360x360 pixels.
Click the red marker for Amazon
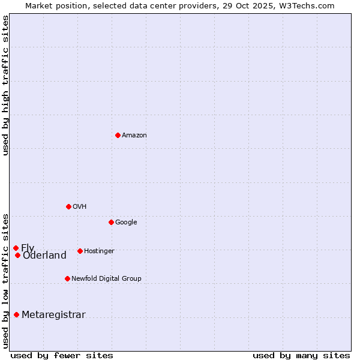pyautogui.click(x=118, y=135)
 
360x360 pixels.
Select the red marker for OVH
pyautogui.click(x=68, y=206)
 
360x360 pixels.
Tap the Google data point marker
pyautogui.click(x=111, y=222)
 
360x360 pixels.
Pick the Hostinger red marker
pyautogui.click(x=80, y=251)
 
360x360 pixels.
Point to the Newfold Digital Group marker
pyautogui.click(x=67, y=278)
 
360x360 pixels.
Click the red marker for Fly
pyautogui.click(x=16, y=248)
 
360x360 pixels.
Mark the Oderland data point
pyautogui.click(x=17, y=255)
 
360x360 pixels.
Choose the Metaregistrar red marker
pyautogui.click(x=16, y=314)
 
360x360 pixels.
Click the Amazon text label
pyautogui.click(x=134, y=136)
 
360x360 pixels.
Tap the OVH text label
pyautogui.click(x=80, y=207)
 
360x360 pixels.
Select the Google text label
pyautogui.click(x=126, y=223)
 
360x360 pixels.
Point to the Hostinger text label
pyautogui.click(x=99, y=251)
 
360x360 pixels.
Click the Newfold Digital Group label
pyautogui.click(x=106, y=279)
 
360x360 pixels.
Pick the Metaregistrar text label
pyautogui.click(x=53, y=315)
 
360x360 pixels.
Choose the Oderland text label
pyautogui.click(x=44, y=256)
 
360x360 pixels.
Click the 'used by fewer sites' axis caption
pyautogui.click(x=62, y=355)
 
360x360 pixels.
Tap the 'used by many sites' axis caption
pyautogui.click(x=301, y=355)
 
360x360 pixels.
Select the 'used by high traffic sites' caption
pyautogui.click(x=5, y=85)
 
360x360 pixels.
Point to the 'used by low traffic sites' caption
pyautogui.click(x=5, y=281)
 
